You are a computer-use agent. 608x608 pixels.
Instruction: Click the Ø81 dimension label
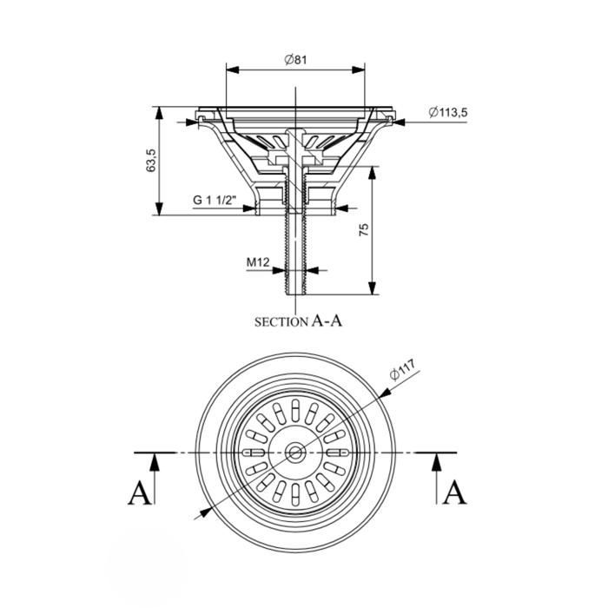[x=295, y=60]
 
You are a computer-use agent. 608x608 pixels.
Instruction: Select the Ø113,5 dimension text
[x=448, y=112]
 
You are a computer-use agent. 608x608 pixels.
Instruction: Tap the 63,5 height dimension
[x=150, y=161]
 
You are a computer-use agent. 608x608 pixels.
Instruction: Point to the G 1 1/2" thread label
[x=215, y=200]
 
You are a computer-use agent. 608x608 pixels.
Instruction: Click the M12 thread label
[x=258, y=262]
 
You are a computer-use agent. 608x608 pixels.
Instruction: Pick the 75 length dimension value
[x=364, y=230]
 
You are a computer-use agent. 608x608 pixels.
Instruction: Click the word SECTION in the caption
[x=281, y=322]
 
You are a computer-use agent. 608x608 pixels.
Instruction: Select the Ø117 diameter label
[x=402, y=370]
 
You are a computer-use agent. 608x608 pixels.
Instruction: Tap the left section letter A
[x=139, y=493]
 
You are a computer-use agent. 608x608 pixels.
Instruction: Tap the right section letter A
[x=455, y=493]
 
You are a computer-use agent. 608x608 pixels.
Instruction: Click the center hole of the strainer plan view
[x=295, y=453]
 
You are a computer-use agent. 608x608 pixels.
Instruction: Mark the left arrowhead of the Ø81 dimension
[x=232, y=69]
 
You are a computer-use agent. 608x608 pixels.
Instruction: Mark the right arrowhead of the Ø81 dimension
[x=358, y=69]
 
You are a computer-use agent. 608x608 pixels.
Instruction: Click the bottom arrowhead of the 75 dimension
[x=372, y=288]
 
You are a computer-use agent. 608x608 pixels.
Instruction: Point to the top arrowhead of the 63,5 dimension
[x=159, y=113]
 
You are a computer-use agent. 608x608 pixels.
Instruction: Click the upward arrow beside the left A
[x=155, y=478]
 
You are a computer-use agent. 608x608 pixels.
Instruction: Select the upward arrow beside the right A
[x=437, y=478]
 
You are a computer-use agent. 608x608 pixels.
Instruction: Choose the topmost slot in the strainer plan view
[x=295, y=407]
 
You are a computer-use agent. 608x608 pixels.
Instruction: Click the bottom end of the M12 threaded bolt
[x=295, y=294]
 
